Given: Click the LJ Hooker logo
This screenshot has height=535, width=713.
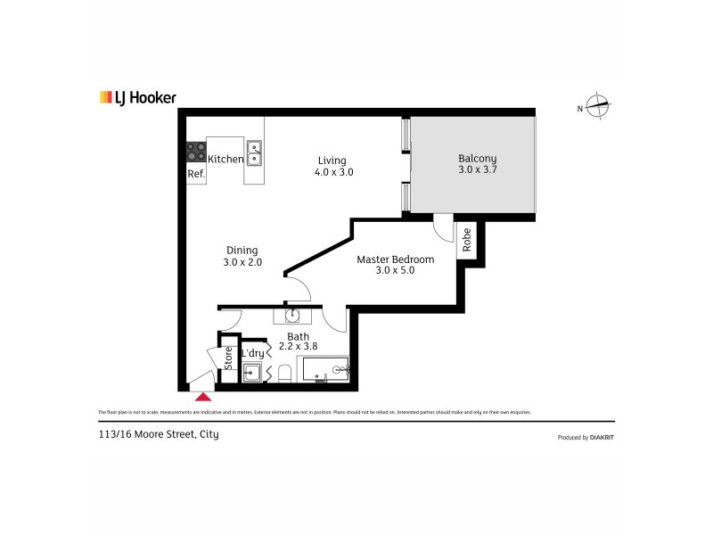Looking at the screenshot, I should click(137, 97).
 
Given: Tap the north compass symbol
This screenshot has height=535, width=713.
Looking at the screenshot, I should click(600, 107).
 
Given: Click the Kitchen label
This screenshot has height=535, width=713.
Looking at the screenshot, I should click(225, 160).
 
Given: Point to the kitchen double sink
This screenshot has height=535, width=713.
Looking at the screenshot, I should click(254, 153).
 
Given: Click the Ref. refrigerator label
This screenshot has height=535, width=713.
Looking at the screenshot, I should click(196, 175).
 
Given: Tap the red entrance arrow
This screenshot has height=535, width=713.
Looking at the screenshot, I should click(204, 398).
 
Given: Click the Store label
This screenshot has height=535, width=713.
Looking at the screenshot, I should click(228, 358).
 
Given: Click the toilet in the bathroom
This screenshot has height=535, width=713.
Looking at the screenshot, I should click(283, 373).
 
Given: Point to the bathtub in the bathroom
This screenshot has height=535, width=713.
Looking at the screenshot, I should click(323, 370).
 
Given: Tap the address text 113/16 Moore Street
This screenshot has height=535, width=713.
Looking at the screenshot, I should click(159, 434).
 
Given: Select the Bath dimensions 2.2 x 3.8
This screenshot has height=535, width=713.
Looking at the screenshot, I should click(298, 346).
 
